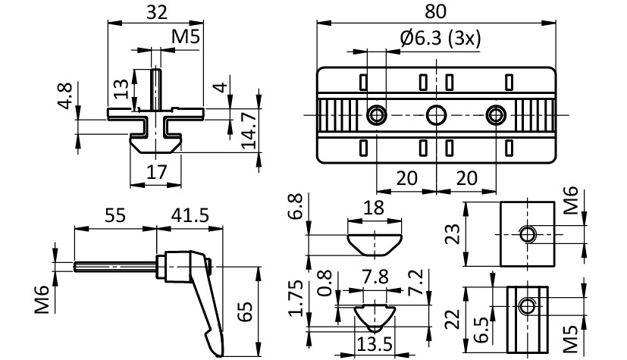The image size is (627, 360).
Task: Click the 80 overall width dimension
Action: (x=437, y=11)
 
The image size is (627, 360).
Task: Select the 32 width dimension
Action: (x=156, y=11)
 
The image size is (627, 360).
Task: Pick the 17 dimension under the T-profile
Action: (x=156, y=172)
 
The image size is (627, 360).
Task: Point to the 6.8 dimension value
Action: (x=296, y=206)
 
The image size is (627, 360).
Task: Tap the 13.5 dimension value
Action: (x=375, y=345)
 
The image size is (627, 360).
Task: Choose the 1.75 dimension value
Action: (x=296, y=299)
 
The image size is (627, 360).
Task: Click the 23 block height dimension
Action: (x=453, y=234)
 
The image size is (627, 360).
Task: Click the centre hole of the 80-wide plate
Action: (x=436, y=115)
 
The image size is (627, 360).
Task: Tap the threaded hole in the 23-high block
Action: (x=527, y=233)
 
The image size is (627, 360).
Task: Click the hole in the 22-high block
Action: (x=527, y=307)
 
